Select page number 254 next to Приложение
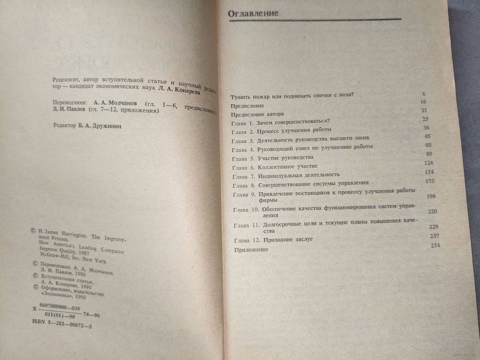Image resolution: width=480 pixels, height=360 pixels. coord(435,245)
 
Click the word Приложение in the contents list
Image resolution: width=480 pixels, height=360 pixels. coord(251,251)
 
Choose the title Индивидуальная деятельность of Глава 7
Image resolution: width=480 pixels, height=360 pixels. coord(299,175)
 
